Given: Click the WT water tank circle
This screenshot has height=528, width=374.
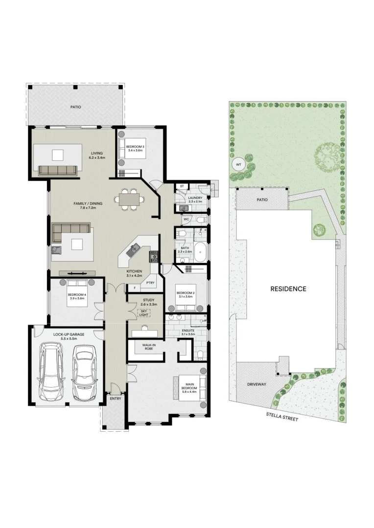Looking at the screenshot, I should pos(238,164).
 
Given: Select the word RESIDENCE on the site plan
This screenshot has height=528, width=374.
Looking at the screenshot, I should pos(288,289).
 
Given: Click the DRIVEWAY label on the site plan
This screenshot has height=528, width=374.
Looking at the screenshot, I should pos(256,384).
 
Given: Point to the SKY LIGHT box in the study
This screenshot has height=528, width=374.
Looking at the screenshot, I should pos(143,313).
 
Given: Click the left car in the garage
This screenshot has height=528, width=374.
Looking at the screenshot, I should pos(51,371).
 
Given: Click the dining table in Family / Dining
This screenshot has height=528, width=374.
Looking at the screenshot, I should pos(129,199).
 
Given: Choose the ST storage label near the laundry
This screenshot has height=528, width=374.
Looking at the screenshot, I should pos(182,186).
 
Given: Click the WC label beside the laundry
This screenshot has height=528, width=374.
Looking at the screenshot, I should pos(186,220).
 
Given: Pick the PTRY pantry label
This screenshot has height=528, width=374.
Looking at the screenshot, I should pos(150,283).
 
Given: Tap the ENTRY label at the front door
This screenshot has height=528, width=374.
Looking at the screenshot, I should pos(115,398).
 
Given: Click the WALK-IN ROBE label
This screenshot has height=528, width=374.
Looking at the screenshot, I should pos(149,347).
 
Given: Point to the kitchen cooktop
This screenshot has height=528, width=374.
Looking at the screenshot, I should pos(154,255).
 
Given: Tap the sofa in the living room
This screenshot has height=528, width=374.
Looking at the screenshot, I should pos(57,170).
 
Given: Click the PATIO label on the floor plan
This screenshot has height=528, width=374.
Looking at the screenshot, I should pos(75,106).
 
